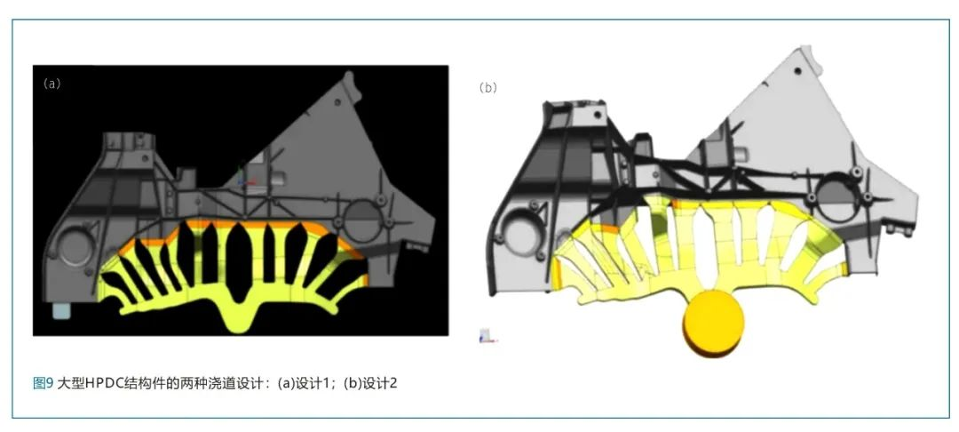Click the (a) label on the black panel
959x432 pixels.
tap(52, 84)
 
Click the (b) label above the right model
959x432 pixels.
tap(488, 87)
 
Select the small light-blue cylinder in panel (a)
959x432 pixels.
tap(61, 310)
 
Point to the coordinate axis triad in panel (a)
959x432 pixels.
tap(242, 178)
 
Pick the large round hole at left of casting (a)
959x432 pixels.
tap(75, 246)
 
